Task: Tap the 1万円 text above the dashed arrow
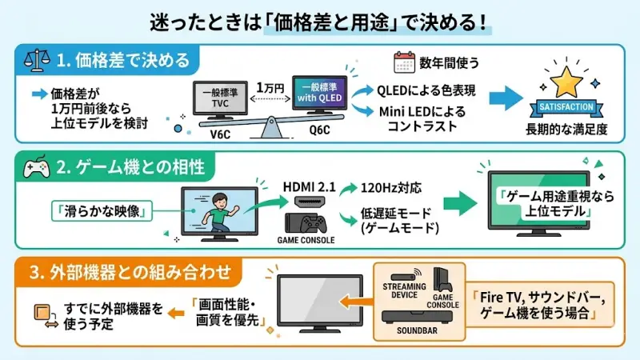(270, 86)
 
